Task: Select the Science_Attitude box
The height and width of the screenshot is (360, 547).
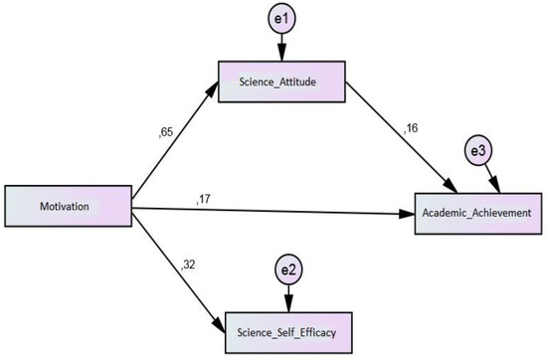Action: pyautogui.click(x=281, y=81)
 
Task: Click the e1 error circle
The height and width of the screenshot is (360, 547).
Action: pyautogui.click(x=281, y=20)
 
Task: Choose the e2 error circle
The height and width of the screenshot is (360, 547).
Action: pyautogui.click(x=286, y=270)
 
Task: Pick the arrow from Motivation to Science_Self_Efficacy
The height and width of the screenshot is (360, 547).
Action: pyautogui.click(x=175, y=269)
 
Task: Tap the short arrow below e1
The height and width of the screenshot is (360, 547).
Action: pyautogui.click(x=281, y=49)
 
